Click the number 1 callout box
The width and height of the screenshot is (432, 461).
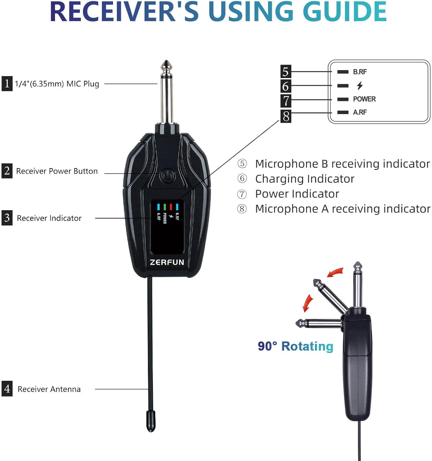pyautogui.click(x=7, y=84)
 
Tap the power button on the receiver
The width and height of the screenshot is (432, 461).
pyautogui.click(x=167, y=175)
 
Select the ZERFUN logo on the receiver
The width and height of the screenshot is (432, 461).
pyautogui.click(x=167, y=262)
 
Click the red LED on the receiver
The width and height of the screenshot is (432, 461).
pyautogui.click(x=171, y=207)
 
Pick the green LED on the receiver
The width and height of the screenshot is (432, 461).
pyautogui.click(x=165, y=207)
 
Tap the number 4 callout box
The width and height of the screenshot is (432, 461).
pyautogui.click(x=7, y=389)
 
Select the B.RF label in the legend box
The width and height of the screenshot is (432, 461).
pyautogui.click(x=360, y=72)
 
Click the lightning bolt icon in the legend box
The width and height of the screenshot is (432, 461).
pyautogui.click(x=360, y=85)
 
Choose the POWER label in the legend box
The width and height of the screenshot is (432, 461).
pyautogui.click(x=364, y=99)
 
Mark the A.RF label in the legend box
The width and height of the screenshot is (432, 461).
pyautogui.click(x=360, y=112)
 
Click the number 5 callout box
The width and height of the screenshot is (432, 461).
pyautogui.click(x=286, y=72)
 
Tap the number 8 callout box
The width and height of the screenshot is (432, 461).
pyautogui.click(x=286, y=116)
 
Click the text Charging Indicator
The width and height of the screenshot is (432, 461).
pyautogui.click(x=305, y=179)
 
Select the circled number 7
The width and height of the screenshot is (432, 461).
pyautogui.click(x=242, y=194)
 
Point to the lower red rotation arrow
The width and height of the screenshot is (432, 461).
pyautogui.click(x=307, y=303)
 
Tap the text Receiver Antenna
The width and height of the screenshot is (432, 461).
pyautogui.click(x=49, y=389)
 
